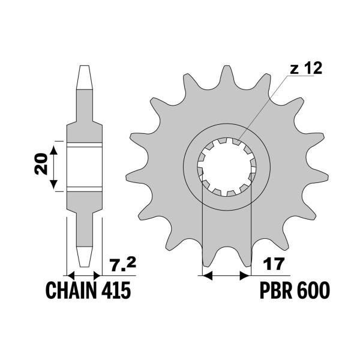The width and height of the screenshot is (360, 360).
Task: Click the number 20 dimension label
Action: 41,164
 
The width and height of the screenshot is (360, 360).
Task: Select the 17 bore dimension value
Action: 274,264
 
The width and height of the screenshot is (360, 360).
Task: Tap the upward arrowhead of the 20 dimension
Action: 53,149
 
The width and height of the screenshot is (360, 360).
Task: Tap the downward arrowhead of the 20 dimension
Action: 53,184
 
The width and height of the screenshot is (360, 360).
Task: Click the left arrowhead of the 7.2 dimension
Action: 71,275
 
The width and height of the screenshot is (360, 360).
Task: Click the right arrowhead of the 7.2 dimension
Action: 97,275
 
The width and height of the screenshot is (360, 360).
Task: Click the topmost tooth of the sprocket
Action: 227,76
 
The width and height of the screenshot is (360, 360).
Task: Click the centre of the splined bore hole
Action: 227,167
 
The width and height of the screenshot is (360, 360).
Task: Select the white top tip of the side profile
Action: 85,77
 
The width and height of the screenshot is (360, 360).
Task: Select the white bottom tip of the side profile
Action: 85,257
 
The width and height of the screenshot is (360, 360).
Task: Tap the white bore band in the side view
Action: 85,167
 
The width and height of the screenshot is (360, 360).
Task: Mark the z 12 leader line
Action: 263,107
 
